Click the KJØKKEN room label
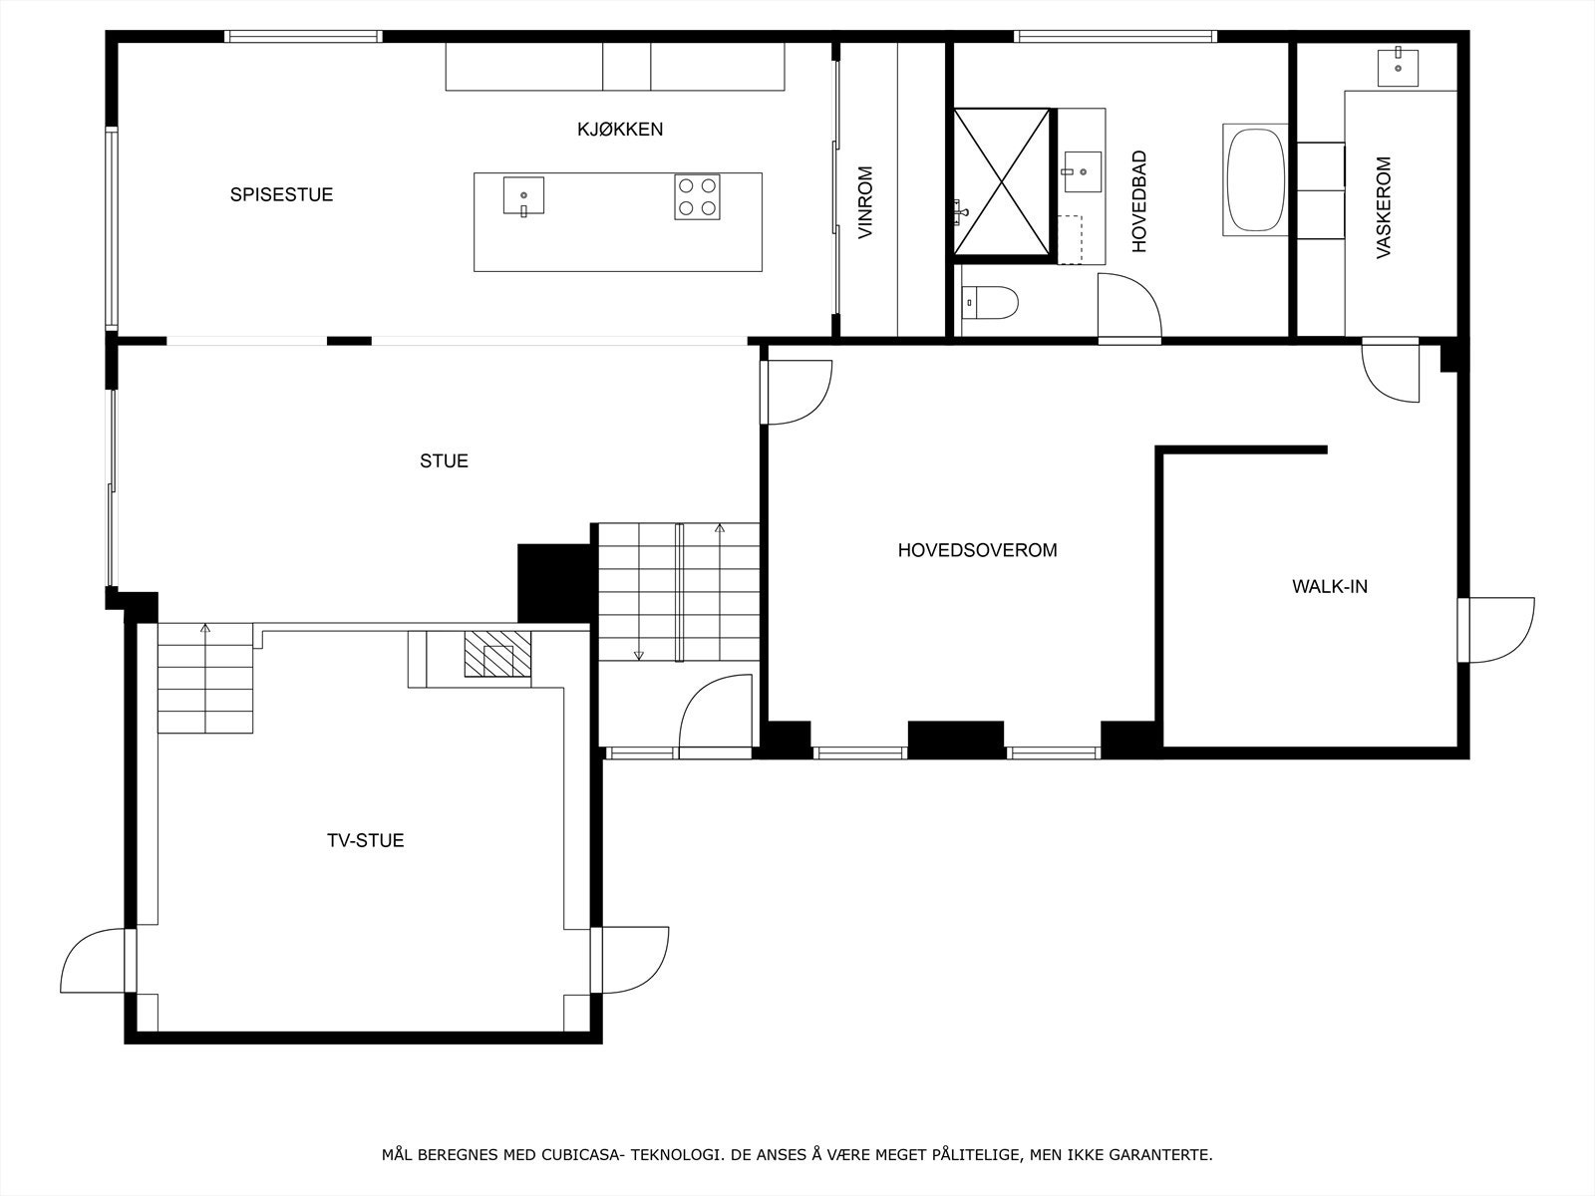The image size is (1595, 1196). pyautogui.click(x=619, y=130)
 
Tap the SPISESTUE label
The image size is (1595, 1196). pyautogui.click(x=281, y=194)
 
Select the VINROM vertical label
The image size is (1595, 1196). pyautogui.click(x=865, y=202)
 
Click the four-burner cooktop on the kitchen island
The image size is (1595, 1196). pyautogui.click(x=697, y=196)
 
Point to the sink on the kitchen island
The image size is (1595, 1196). pyautogui.click(x=523, y=195)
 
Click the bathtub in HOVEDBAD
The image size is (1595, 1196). pyautogui.click(x=1255, y=180)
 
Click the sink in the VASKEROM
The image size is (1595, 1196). pyautogui.click(x=1401, y=67)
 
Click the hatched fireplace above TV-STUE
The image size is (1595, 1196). pyautogui.click(x=497, y=656)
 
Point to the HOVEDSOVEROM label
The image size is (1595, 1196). pyautogui.click(x=977, y=550)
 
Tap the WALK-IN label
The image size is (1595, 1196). pyautogui.click(x=1330, y=587)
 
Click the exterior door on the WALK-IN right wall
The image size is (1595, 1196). pyautogui.click(x=1495, y=630)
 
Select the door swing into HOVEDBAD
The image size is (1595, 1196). pyautogui.click(x=1129, y=307)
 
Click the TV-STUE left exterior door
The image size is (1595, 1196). pyautogui.click(x=96, y=961)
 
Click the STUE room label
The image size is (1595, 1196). pyautogui.click(x=444, y=461)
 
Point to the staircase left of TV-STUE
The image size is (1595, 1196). pyautogui.click(x=205, y=678)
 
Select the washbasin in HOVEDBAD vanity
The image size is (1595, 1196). pyautogui.click(x=1082, y=170)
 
